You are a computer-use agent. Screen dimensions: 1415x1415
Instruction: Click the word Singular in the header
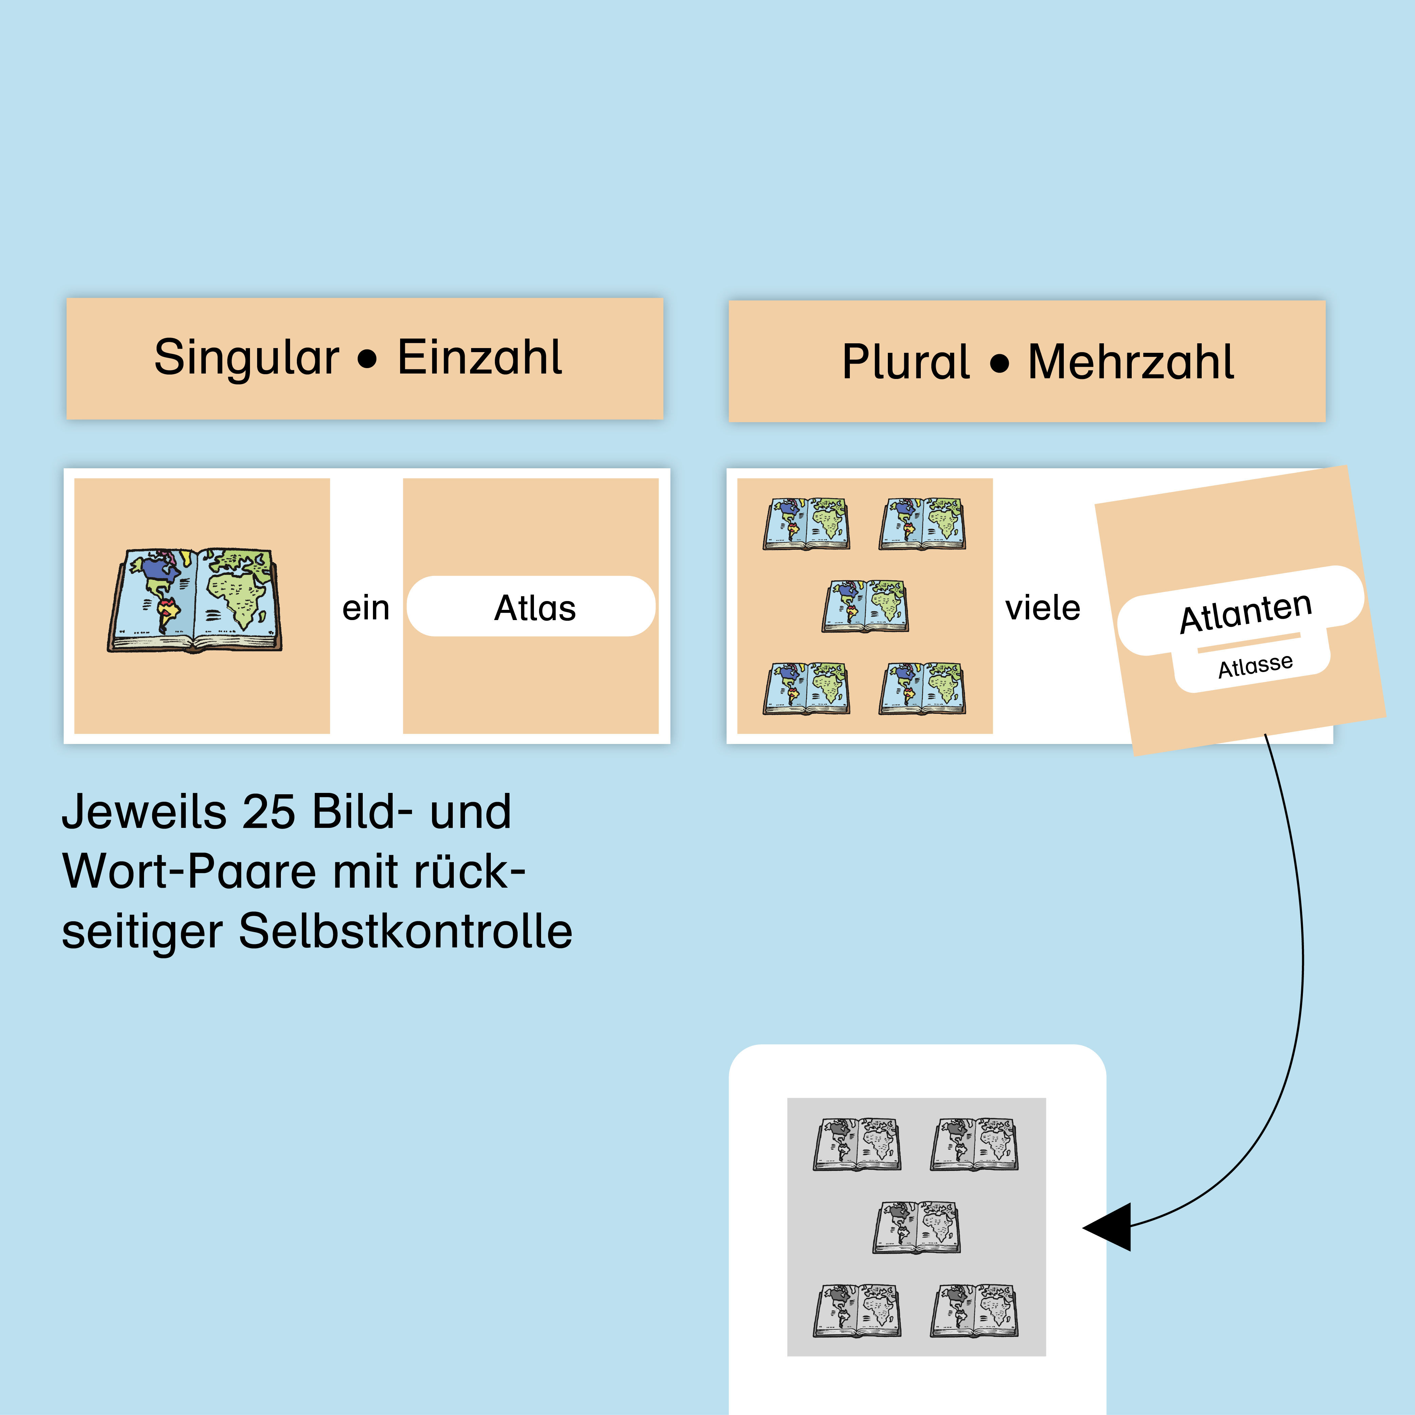click(x=247, y=358)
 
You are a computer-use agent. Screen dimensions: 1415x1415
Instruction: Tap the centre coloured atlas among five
click(x=865, y=606)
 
